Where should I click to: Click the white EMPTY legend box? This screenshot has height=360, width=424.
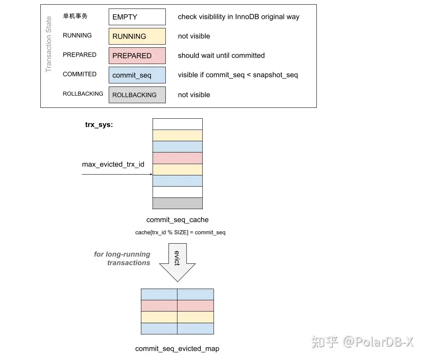pos(137,17)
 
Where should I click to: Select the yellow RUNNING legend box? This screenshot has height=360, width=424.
pos(137,36)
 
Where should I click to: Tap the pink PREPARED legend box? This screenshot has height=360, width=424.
pos(137,56)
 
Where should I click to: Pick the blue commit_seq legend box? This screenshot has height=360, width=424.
pos(137,75)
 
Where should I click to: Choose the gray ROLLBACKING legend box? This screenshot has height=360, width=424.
pos(137,95)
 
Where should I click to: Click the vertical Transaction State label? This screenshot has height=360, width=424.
pos(49,44)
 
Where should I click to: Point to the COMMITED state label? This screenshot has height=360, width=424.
pos(80,74)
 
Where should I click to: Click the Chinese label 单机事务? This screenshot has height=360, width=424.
pos(75,16)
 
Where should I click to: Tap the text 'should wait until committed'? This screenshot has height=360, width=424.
pos(221,55)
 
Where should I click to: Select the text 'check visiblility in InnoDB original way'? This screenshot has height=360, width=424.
pos(238,17)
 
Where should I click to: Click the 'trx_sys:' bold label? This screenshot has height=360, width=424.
pos(99,125)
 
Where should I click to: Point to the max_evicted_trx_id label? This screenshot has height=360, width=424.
pos(113,164)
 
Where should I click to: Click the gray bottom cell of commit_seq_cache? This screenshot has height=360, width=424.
pos(177,203)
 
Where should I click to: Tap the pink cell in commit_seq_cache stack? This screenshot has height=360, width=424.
pos(177,158)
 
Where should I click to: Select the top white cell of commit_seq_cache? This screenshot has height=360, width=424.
pos(177,124)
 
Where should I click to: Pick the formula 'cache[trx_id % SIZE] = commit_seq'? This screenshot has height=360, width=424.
pos(180,232)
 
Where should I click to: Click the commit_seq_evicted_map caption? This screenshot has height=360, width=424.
pos(177,349)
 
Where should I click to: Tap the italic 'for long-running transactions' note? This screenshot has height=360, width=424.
pos(123,258)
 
